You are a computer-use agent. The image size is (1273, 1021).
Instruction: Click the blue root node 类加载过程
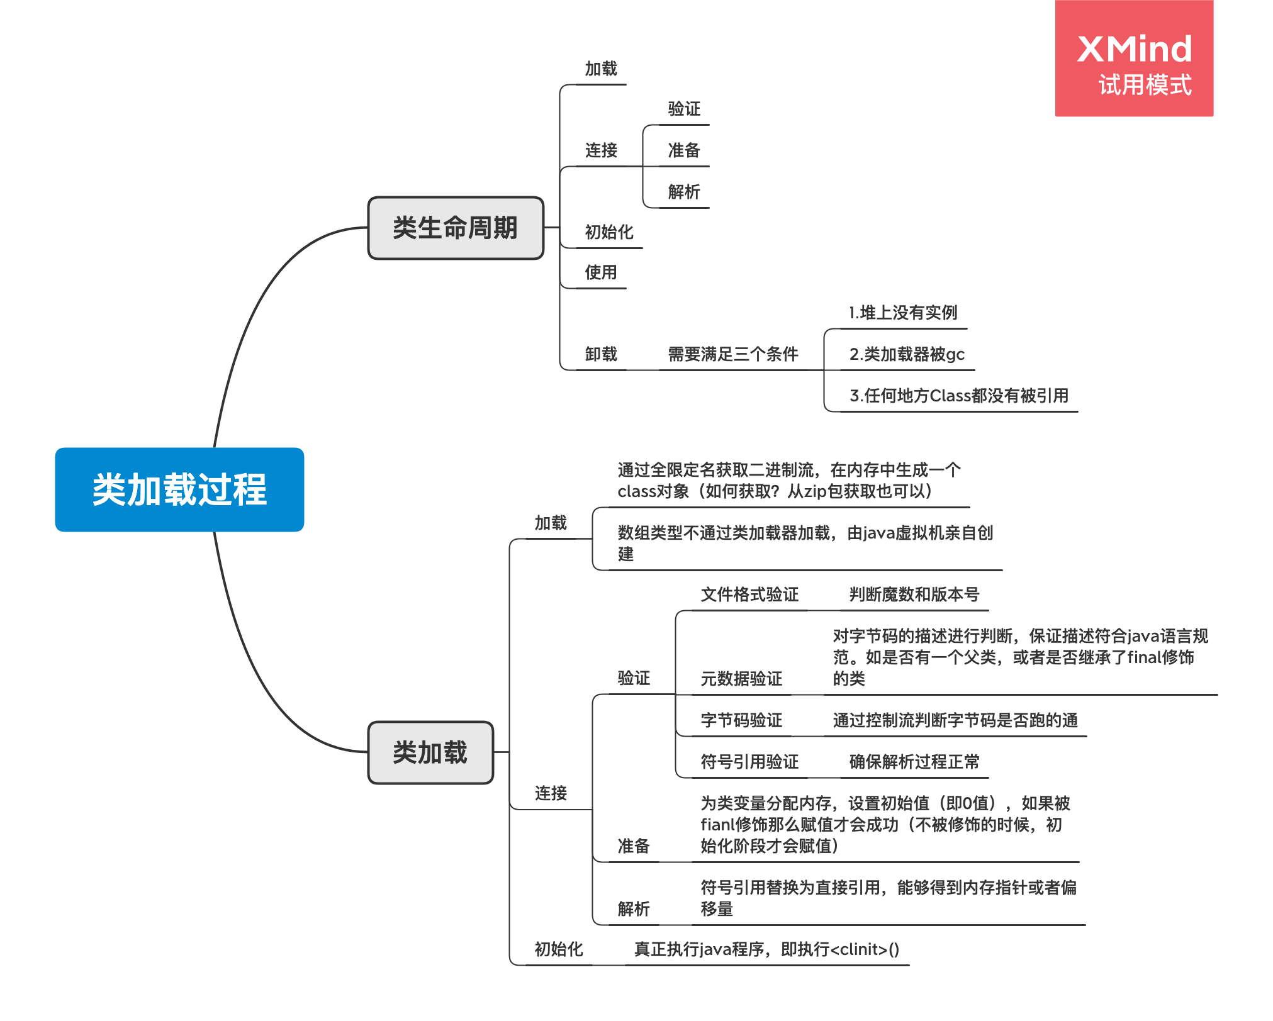coord(179,489)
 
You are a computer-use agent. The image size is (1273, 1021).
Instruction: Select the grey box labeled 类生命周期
coord(455,228)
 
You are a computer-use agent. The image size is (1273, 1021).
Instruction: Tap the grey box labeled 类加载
coord(430,752)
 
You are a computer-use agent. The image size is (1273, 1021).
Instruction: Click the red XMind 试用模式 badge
coord(1134,59)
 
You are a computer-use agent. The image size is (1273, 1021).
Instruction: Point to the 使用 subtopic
coord(600,272)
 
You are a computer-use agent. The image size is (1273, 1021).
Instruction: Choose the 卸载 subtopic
coord(600,354)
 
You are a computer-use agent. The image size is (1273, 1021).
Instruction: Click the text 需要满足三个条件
coord(732,354)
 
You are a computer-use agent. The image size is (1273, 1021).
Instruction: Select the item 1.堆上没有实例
coord(902,313)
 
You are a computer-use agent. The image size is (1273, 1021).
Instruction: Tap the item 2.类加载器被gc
coord(906,354)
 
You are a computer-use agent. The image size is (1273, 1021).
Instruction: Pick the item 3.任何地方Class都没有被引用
coord(958,396)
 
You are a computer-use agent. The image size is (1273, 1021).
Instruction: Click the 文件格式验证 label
coord(749,594)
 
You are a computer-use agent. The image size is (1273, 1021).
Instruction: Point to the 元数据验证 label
coord(741,679)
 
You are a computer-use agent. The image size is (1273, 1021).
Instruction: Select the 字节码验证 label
coord(741,720)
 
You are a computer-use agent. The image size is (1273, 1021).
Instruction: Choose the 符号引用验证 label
coord(749,762)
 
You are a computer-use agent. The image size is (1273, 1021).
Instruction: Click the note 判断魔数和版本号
coord(914,594)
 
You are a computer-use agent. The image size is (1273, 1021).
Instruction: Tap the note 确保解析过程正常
coord(914,762)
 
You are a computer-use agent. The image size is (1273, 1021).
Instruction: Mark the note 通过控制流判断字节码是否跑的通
coord(955,720)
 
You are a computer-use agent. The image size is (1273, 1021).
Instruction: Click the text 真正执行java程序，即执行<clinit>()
coord(766,949)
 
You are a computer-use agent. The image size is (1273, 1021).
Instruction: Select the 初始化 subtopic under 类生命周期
coord(608,232)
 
